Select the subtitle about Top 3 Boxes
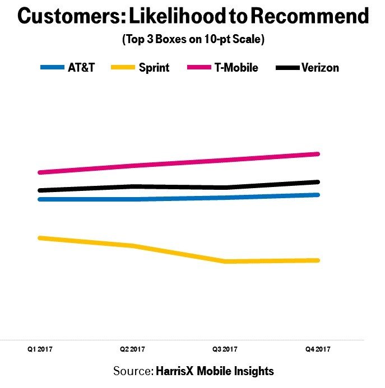[x=192, y=41]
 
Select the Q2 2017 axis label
[x=133, y=349]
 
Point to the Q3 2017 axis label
[x=225, y=349]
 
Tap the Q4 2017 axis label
[x=318, y=349]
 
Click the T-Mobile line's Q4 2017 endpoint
[x=318, y=154]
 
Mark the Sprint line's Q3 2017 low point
[x=225, y=261]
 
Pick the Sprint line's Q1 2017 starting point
[x=39, y=238]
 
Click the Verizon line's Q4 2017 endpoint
[x=318, y=182]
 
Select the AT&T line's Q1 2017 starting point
[x=39, y=199]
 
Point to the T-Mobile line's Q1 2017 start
[x=39, y=172]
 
